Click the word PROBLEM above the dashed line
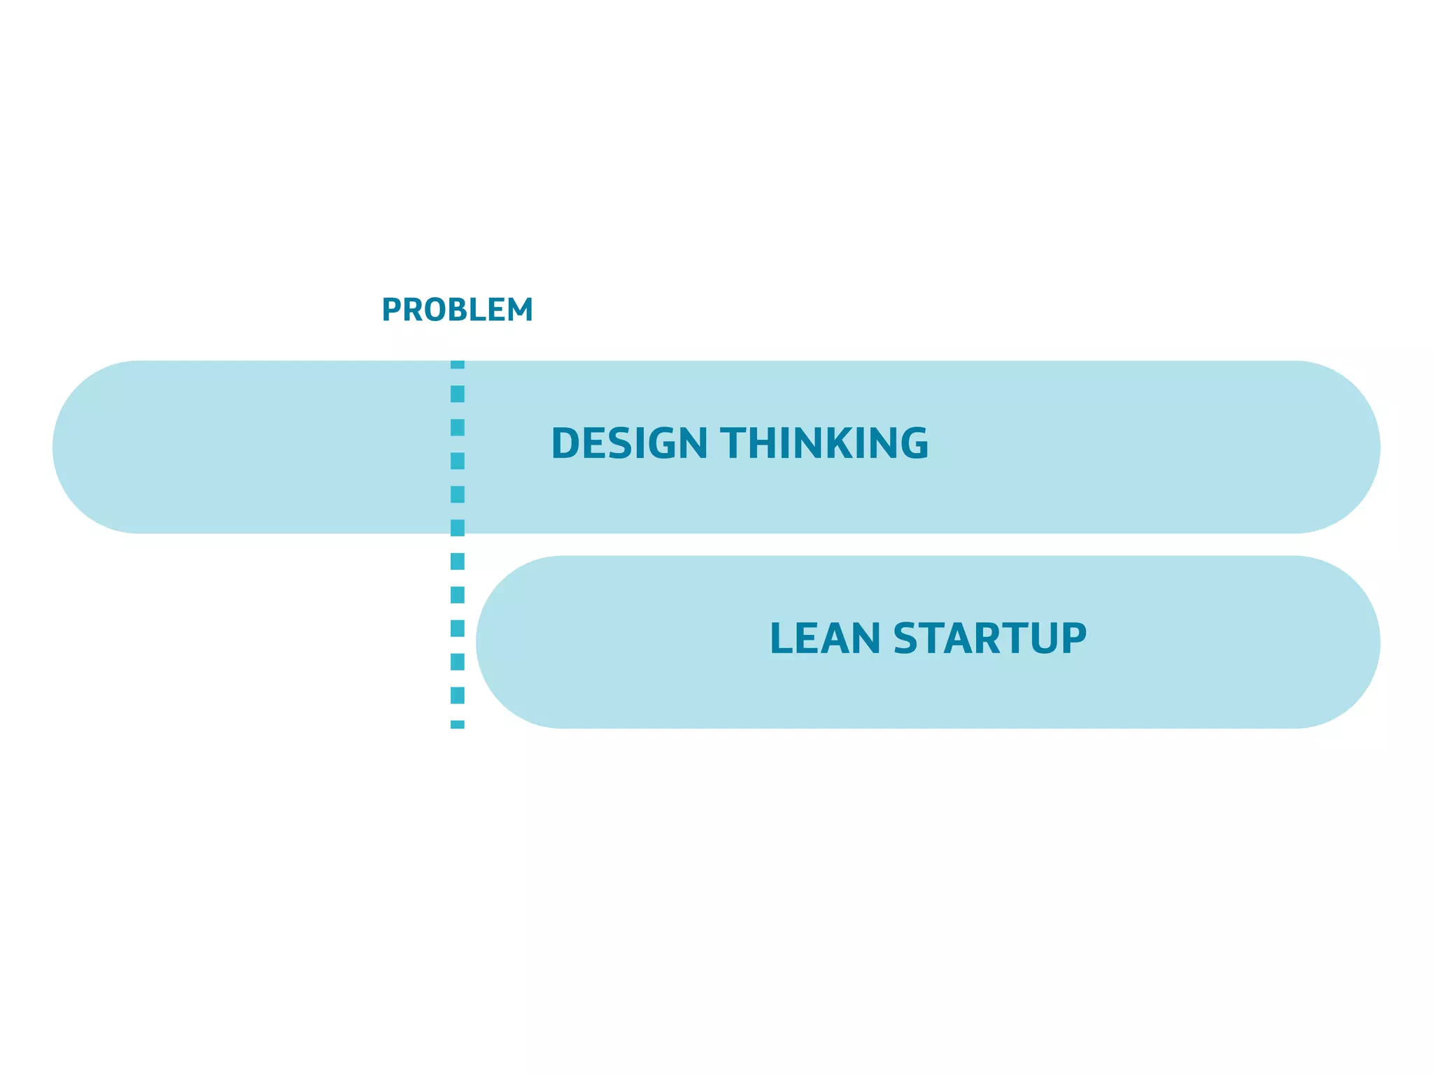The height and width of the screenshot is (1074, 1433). (x=457, y=310)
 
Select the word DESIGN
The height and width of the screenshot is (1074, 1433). (x=629, y=443)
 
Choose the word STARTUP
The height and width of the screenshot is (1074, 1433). (x=989, y=638)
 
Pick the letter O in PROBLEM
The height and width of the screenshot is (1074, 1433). (x=434, y=310)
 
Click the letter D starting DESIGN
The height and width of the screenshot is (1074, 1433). (x=566, y=443)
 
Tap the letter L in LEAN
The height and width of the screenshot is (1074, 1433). (x=781, y=638)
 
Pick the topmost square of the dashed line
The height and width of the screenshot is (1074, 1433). (x=458, y=364)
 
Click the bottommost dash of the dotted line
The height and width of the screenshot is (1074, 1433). (x=458, y=724)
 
